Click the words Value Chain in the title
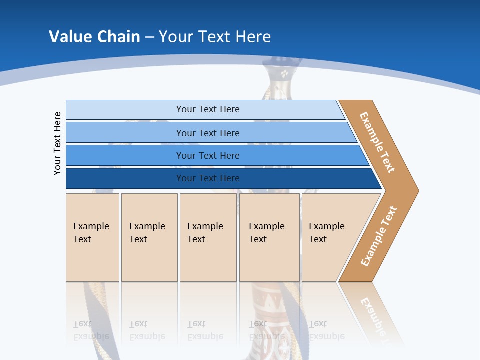pyautogui.click(x=94, y=36)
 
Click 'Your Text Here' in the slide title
pyautogui.click(x=215, y=36)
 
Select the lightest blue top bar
pyautogui.click(x=125, y=109)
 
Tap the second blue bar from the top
pyautogui.click(x=125, y=133)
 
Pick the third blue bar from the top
pyautogui.click(x=125, y=155)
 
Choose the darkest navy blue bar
pyautogui.click(x=125, y=178)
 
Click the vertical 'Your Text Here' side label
pyautogui.click(x=57, y=143)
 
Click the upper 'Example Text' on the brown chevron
pyautogui.click(x=377, y=142)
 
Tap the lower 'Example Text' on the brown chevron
pyautogui.click(x=379, y=236)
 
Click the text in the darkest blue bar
pyautogui.click(x=208, y=178)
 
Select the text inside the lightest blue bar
pyautogui.click(x=208, y=109)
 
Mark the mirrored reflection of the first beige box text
pyautogui.click(x=91, y=330)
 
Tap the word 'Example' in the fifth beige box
pyautogui.click(x=326, y=226)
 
